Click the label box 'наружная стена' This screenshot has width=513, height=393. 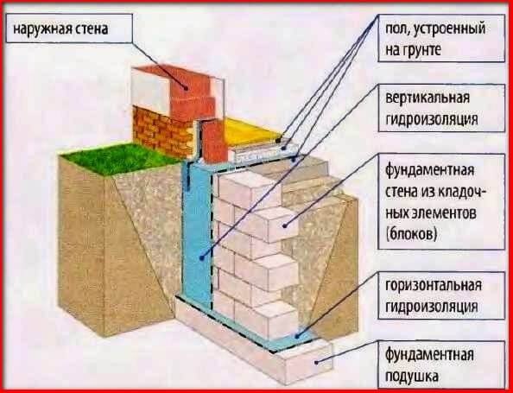pos(69,29)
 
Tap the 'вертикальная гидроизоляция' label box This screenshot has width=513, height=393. pos(441,108)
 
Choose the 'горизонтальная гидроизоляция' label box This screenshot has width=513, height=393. pos(441,295)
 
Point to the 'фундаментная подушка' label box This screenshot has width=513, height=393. pos(441,365)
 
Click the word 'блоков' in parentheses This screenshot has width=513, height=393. pos(412,234)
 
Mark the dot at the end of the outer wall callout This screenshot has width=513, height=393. pos(186,88)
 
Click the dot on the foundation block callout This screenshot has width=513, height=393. pos(284,225)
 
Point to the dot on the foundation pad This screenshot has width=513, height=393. pos(316,362)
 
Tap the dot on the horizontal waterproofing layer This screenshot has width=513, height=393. pos(297,336)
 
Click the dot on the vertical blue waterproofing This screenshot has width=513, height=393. pos(202,258)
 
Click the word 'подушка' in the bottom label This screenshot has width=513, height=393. pos(412,377)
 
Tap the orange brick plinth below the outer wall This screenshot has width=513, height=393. pos(163,132)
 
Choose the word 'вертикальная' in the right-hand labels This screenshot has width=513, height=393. pos(428,98)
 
